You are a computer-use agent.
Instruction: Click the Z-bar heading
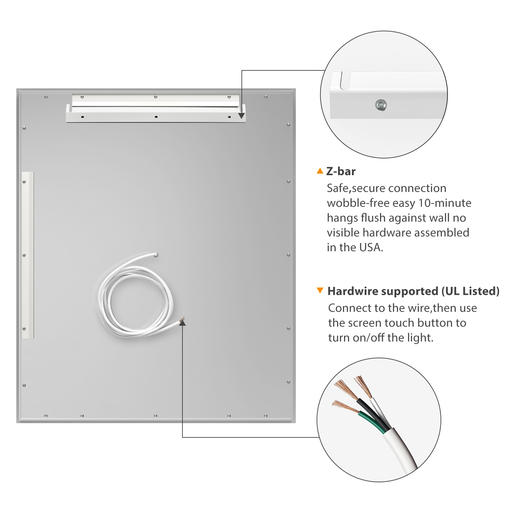341,171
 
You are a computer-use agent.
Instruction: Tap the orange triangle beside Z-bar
320,171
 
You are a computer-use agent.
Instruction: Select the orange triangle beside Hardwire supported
320,290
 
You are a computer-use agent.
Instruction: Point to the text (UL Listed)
470,291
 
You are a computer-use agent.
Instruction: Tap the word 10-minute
445,203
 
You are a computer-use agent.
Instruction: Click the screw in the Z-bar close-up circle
381,105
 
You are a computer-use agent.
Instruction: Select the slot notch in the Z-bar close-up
346,81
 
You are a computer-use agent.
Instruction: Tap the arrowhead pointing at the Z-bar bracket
241,116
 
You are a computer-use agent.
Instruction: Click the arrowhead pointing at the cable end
182,322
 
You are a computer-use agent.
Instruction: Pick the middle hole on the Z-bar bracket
156,117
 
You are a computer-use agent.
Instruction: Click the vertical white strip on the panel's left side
27,255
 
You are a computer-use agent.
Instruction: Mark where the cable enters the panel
156,254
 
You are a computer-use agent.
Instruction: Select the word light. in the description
420,338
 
